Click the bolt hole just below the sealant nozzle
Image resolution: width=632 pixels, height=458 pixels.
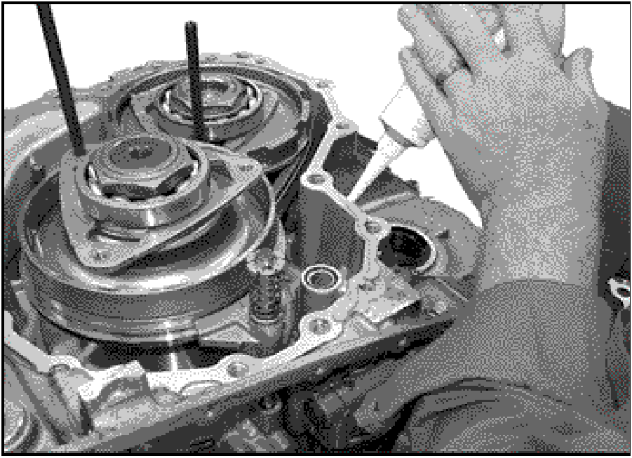point(368,226)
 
